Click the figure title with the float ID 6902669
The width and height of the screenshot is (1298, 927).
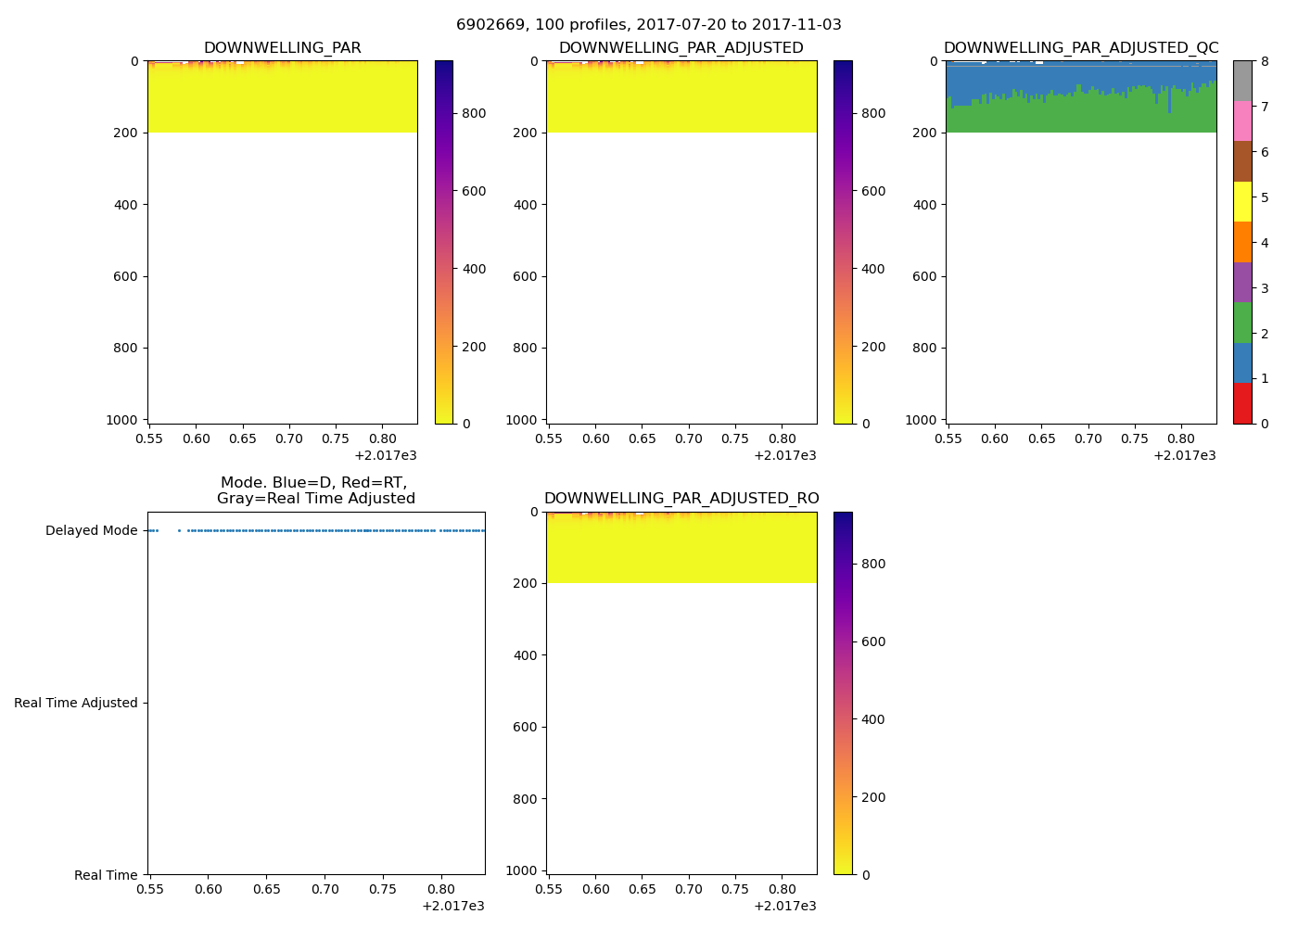[x=648, y=25]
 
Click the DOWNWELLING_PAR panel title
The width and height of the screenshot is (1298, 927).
[x=282, y=48]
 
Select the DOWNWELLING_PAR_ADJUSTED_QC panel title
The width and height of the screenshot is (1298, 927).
[x=1080, y=48]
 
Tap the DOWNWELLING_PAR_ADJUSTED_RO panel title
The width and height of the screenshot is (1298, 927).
[x=681, y=499]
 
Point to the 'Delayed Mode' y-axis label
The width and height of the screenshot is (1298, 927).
[x=91, y=531]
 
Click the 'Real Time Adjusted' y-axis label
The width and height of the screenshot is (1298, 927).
[x=75, y=703]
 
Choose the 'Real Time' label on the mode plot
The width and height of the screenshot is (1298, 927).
[x=106, y=875]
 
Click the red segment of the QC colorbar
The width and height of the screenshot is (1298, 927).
[x=1242, y=403]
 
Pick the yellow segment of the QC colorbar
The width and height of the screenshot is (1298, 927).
[x=1242, y=202]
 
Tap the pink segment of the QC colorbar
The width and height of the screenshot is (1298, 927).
[x=1242, y=121]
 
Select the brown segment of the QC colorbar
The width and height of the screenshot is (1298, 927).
[x=1242, y=161]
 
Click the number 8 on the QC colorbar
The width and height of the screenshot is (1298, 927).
[x=1266, y=61]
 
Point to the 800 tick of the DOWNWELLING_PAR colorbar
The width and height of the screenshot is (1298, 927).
[x=474, y=114]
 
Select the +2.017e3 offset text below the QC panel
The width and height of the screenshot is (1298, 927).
[x=1184, y=455]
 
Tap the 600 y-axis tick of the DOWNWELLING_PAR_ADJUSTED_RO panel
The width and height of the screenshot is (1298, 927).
[x=526, y=727]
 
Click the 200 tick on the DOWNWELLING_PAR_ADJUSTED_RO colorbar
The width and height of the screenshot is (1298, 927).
[x=872, y=797]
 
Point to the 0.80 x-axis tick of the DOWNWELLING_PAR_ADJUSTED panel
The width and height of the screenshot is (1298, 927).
[x=782, y=438]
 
